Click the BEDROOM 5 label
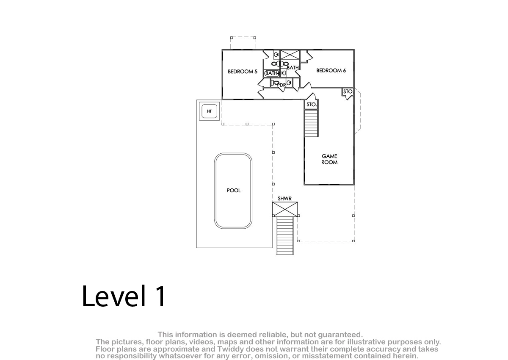tap(243, 72)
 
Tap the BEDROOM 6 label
tap(331, 71)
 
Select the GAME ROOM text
tap(329, 159)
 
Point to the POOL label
tap(234, 190)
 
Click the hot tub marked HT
tap(209, 111)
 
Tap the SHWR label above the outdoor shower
tap(284, 199)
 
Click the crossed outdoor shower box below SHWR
tap(285, 209)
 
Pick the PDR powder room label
tap(282, 85)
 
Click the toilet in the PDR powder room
tap(274, 83)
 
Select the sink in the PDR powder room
tap(289, 83)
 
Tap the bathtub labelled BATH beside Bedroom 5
tap(272, 73)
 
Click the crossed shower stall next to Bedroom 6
tap(290, 55)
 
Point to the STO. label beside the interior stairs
tap(312, 105)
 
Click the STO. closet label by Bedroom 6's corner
tap(348, 91)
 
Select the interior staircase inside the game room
tap(311, 123)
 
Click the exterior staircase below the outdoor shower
tap(285, 235)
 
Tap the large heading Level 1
tap(124, 296)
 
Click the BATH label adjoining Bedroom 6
tap(293, 68)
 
